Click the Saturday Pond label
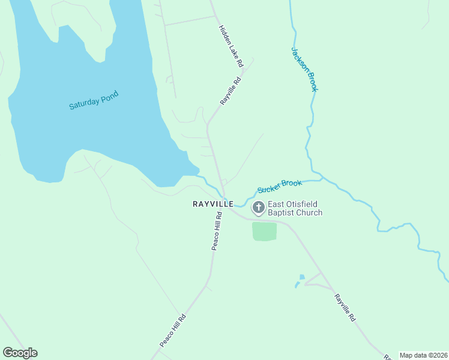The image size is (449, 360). tap(94, 100)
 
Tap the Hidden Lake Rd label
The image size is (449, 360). tap(231, 46)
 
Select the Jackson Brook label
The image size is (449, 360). tap(304, 69)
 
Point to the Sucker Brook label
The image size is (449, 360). tap(279, 187)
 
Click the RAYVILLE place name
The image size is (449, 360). tap(212, 204)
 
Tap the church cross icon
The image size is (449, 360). tap(259, 208)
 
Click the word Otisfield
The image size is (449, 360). tap(304, 205)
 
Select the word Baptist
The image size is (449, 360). tap(281, 212)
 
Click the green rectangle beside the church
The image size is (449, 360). tap(264, 232)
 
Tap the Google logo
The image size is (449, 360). tap(20, 353)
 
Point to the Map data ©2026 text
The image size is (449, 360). tap(423, 355)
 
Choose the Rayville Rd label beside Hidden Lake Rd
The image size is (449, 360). tap(230, 91)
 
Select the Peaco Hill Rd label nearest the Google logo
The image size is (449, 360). tap(173, 330)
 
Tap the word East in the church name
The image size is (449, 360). tap(276, 205)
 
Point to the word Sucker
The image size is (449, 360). tap(269, 189)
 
